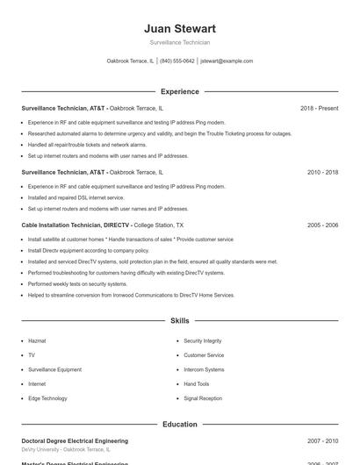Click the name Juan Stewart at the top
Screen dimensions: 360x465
179,29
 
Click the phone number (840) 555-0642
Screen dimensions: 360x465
176,61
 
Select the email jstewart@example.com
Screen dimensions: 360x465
227,61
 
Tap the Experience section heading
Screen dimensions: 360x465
179,91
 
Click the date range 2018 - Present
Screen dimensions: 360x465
319,108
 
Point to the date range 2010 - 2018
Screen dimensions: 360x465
322,173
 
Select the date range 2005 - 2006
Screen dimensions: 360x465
322,225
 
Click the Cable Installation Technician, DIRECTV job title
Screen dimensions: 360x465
76,225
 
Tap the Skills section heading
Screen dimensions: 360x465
179,321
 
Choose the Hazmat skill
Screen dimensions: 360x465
37,340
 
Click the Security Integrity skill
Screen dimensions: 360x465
202,340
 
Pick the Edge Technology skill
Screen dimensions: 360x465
47,398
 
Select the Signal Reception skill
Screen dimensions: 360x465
203,398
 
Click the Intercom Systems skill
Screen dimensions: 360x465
204,369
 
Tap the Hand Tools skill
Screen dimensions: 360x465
197,384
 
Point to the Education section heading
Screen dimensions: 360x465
179,424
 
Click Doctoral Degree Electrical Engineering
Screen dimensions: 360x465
75,440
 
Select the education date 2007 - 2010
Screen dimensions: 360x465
322,440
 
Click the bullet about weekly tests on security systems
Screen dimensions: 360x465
77,284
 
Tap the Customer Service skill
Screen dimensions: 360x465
204,355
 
